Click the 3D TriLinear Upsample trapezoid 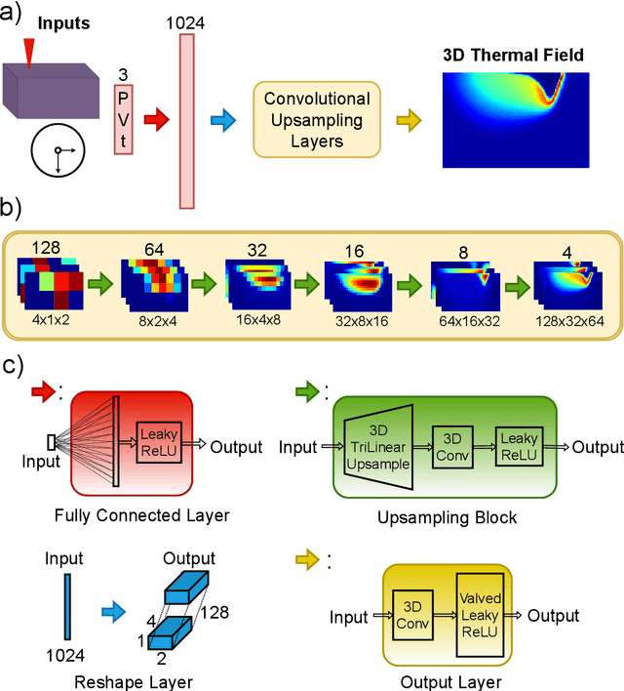(376, 446)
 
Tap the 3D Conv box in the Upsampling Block (452, 446)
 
